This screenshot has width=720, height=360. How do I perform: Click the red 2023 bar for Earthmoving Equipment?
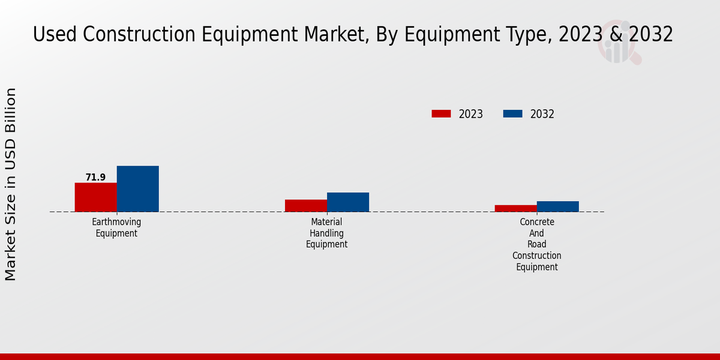pyautogui.click(x=95, y=197)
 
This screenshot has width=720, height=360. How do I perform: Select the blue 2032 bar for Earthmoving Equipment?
pyautogui.click(x=137, y=188)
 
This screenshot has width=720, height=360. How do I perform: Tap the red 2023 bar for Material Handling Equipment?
pyautogui.click(x=305, y=205)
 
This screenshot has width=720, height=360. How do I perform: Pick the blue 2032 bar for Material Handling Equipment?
pyautogui.click(x=347, y=202)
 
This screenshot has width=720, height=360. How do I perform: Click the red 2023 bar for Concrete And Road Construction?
pyautogui.click(x=515, y=208)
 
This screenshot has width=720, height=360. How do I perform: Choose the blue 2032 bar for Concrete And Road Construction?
pyautogui.click(x=557, y=206)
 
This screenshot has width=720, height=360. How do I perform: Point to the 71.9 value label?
pyautogui.click(x=95, y=178)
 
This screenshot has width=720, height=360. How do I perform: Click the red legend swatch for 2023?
pyautogui.click(x=441, y=114)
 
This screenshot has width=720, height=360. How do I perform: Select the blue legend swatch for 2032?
pyautogui.click(x=512, y=114)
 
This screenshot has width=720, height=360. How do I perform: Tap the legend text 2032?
pyautogui.click(x=542, y=114)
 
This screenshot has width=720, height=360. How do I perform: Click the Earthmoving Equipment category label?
pyautogui.click(x=116, y=227)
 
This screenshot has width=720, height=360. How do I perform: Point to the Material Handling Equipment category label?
pyautogui.click(x=326, y=233)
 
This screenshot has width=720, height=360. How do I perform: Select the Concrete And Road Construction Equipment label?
pyautogui.click(x=536, y=244)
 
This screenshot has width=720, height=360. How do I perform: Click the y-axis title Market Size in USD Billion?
pyautogui.click(x=11, y=184)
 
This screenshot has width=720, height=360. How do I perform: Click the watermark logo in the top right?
pyautogui.click(x=619, y=44)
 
